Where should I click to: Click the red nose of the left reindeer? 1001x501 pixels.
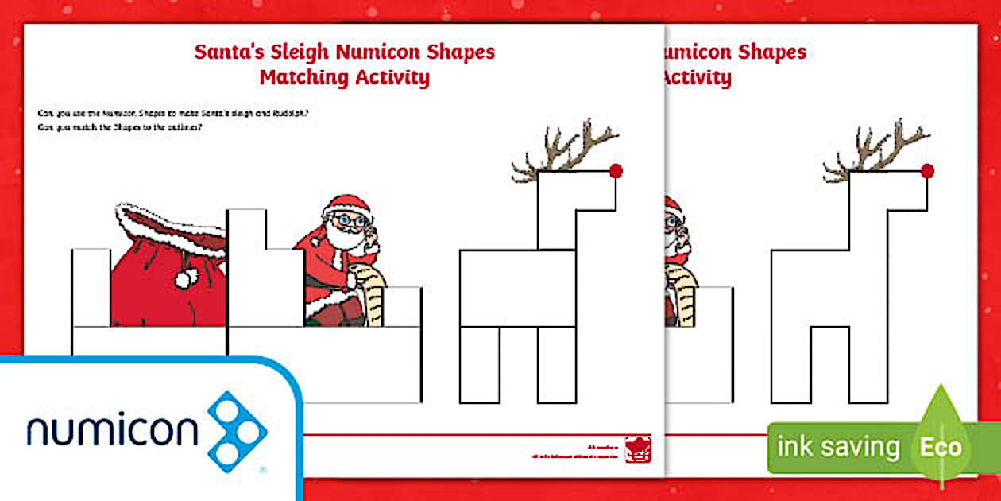pos(616,170)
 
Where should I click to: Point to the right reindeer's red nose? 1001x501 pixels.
pos(927,170)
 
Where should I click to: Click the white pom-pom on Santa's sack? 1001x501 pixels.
pos(187,278)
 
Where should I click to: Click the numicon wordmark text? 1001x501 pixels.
pos(111,431)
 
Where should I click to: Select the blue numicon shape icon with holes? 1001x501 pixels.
pos(237,430)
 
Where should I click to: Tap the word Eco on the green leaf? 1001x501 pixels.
pos(941,446)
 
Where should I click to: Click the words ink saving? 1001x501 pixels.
pos(837,447)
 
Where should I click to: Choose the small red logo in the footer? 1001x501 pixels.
pos(638,448)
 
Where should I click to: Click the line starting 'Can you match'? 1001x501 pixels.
pos(119,127)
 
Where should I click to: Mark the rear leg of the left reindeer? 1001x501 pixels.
pos(480,364)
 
